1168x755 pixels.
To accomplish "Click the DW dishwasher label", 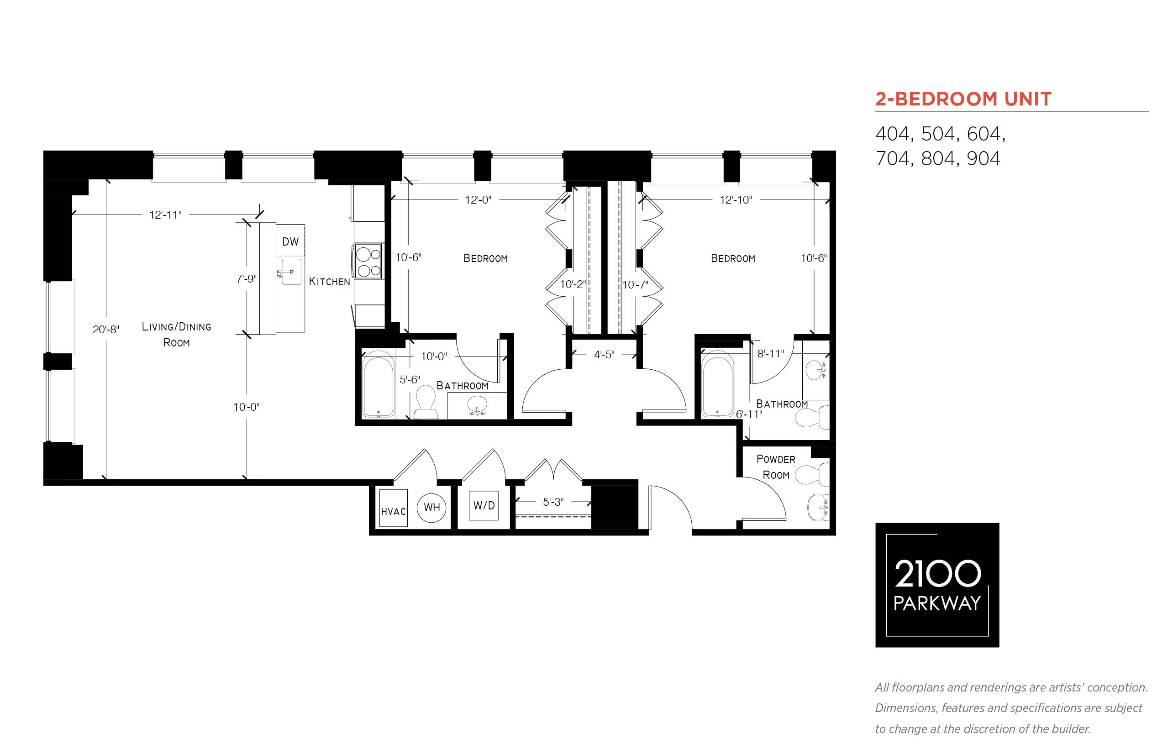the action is pyautogui.click(x=290, y=241).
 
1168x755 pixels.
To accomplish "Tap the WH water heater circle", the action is pyautogui.click(x=431, y=508).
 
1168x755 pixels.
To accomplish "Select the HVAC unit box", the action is pyautogui.click(x=393, y=508).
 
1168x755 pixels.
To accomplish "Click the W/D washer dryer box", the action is pyautogui.click(x=484, y=505).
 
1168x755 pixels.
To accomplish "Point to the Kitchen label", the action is pyautogui.click(x=330, y=281).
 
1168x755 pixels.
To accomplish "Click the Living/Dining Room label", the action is pyautogui.click(x=177, y=334).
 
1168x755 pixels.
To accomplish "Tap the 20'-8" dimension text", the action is pyautogui.click(x=106, y=330).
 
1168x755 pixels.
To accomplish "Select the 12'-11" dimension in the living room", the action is pyautogui.click(x=165, y=215).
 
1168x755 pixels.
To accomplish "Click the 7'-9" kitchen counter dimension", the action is pyautogui.click(x=246, y=278).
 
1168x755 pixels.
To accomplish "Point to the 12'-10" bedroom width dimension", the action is pyautogui.click(x=736, y=199).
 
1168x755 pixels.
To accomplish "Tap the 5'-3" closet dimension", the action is pyautogui.click(x=553, y=502).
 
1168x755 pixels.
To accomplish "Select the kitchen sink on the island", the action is pyautogui.click(x=291, y=272).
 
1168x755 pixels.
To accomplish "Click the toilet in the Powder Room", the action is pyautogui.click(x=811, y=474).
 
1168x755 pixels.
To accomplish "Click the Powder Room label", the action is pyautogui.click(x=776, y=467).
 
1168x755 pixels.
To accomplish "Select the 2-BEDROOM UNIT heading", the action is pyautogui.click(x=963, y=99).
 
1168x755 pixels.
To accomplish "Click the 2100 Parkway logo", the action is pyautogui.click(x=937, y=585).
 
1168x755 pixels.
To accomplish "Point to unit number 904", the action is pyautogui.click(x=983, y=158).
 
